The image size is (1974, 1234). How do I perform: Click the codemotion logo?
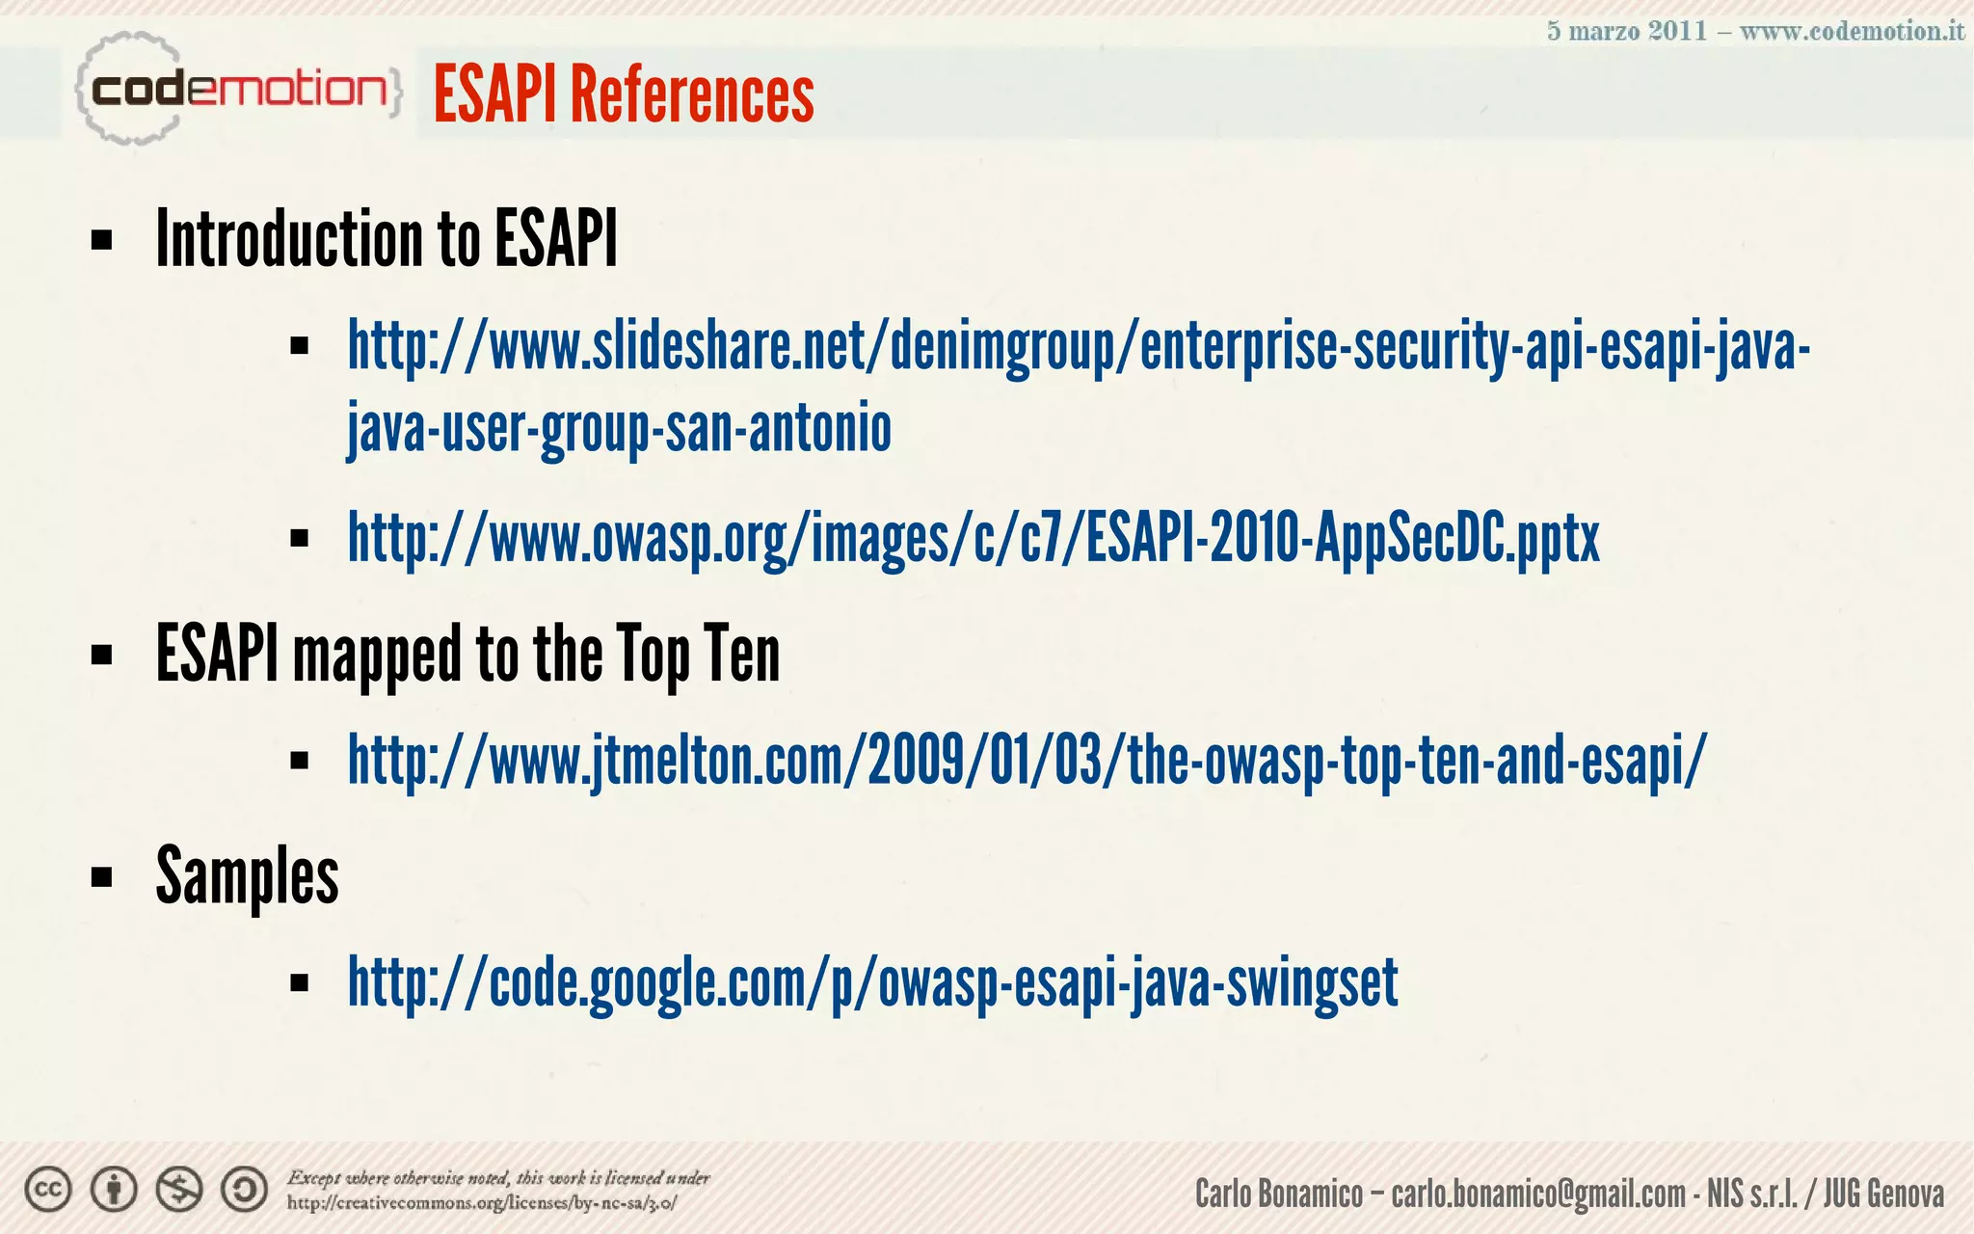238,90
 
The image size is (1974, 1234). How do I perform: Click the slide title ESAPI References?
624,94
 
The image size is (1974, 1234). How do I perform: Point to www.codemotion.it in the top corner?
1852,31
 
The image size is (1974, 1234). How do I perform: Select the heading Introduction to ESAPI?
387,239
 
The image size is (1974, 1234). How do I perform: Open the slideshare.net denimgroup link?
1079,347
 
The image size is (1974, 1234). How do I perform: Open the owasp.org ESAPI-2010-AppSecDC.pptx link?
974,538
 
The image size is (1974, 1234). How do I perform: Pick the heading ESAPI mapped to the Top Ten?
467,655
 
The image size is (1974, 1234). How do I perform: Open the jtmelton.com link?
1027,761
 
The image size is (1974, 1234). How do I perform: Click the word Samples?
248,876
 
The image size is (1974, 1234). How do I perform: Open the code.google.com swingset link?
872,983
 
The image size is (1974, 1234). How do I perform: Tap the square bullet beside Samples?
102,878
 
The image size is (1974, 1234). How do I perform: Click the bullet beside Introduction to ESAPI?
102,240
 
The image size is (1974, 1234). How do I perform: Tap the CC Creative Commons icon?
48,1191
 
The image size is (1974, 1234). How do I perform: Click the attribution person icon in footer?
114,1191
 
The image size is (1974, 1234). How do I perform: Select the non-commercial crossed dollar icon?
179,1191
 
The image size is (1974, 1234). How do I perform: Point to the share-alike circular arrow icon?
245,1191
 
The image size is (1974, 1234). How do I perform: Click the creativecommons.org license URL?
482,1203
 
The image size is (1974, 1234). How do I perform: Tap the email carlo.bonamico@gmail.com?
1538,1194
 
